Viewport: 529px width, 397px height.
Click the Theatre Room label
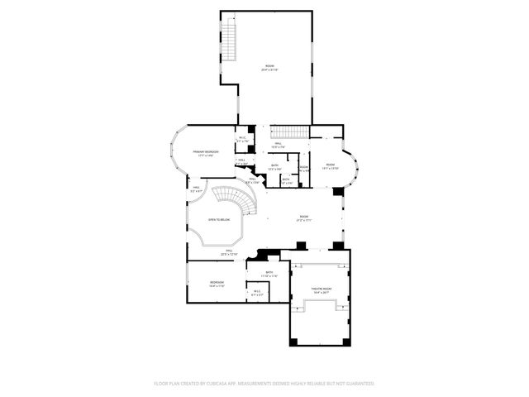[x=320, y=289]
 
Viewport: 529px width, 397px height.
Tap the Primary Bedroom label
[x=206, y=152]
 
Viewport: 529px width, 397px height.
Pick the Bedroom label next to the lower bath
[x=217, y=283]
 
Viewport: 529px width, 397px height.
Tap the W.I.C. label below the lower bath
[x=257, y=290]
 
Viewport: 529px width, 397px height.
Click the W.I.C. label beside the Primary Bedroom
[x=243, y=138]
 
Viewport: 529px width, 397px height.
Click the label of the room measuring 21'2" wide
[x=303, y=218]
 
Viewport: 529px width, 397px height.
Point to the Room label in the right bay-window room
[x=330, y=165]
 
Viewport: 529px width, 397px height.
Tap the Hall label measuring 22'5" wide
[x=230, y=251]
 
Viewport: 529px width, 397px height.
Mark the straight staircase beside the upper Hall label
[x=290, y=132]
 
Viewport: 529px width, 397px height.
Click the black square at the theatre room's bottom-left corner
[x=293, y=342]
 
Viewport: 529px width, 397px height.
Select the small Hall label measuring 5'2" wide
[x=197, y=188]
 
